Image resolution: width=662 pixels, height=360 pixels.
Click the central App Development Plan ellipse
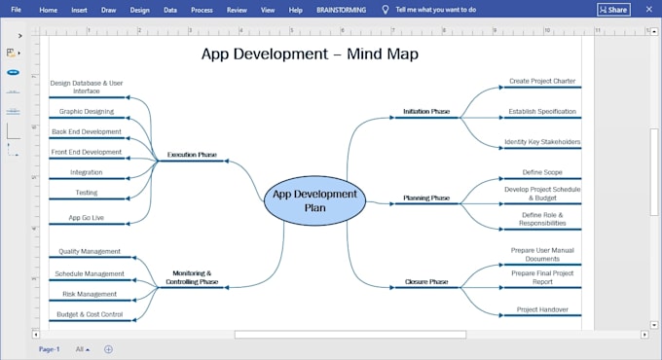[315, 200]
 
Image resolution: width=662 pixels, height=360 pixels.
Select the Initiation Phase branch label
[426, 112]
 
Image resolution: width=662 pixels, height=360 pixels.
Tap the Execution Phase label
[192, 155]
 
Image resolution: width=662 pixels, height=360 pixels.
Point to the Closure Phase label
[426, 281]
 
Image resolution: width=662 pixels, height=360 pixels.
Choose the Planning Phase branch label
[426, 198]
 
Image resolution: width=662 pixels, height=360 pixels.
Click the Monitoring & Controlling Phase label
[192, 277]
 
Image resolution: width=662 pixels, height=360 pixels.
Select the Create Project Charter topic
[542, 81]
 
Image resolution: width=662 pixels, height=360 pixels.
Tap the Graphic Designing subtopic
[87, 112]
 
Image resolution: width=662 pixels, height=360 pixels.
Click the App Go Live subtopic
[86, 218]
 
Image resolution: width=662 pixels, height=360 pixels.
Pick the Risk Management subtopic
[90, 294]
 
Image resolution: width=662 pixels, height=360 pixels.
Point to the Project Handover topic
[542, 309]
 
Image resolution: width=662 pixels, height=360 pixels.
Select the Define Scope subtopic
[542, 172]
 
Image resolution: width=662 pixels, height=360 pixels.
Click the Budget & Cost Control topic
[90, 314]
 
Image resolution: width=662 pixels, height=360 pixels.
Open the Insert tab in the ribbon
[79, 10]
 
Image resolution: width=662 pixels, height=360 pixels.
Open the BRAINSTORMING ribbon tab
[341, 10]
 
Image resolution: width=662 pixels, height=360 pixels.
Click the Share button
[614, 10]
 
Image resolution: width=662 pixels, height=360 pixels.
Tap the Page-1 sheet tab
[49, 349]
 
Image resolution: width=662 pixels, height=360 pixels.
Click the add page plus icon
[108, 349]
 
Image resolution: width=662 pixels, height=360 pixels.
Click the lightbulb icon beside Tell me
[386, 10]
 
